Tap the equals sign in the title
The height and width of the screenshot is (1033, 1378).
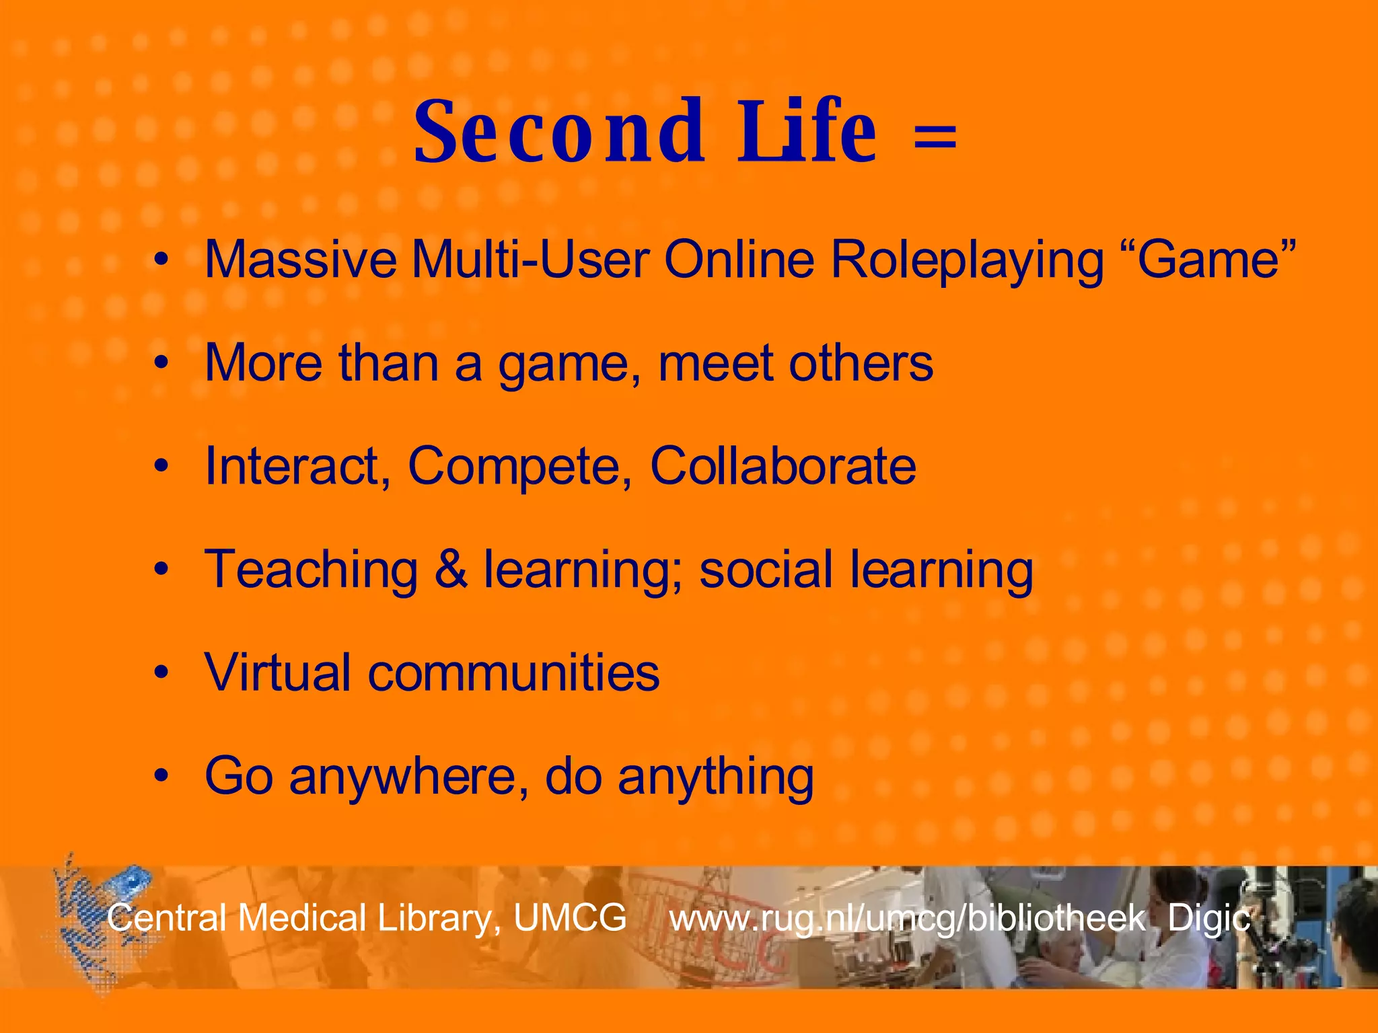[x=935, y=135]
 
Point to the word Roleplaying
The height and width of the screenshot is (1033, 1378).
[x=967, y=261]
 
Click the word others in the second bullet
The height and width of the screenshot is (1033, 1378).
[x=861, y=363]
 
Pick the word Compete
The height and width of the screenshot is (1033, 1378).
[x=520, y=467]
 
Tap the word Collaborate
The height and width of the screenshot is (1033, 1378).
[x=783, y=465]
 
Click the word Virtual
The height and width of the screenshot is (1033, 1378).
[x=278, y=672]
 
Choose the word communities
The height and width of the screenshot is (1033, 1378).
[x=513, y=673]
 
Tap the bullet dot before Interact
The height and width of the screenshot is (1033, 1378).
[x=160, y=465]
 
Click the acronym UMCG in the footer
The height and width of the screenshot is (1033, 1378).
[x=570, y=917]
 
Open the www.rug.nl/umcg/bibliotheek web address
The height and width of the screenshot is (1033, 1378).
[x=906, y=919]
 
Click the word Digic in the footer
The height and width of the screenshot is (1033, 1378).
[x=1208, y=919]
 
